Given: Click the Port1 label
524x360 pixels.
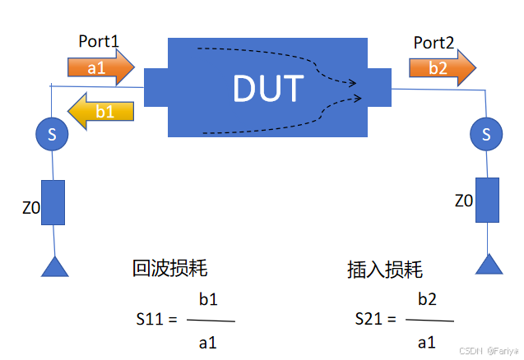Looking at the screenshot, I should pos(100,40).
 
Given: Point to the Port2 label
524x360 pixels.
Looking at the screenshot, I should pos(434,43).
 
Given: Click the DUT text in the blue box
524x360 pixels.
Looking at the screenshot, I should pos(268,89).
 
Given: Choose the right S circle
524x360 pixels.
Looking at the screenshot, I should pos(486,133).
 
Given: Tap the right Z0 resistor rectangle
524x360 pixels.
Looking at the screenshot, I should pos(487,200).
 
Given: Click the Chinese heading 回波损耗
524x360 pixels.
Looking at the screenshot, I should pos(169,268).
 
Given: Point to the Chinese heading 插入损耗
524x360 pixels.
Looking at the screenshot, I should pos(385,269).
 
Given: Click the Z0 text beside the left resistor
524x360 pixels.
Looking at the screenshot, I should pos(30,208).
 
